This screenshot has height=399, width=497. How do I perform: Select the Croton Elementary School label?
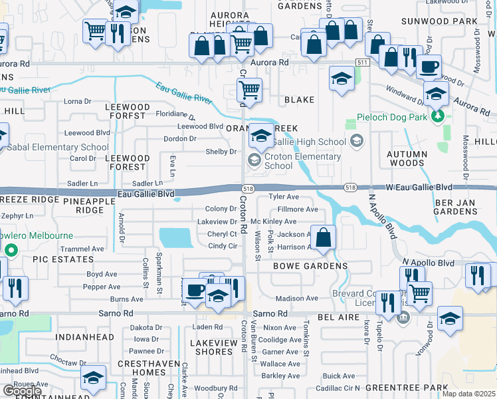coord(302,162)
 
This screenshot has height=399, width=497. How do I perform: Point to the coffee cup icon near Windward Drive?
coord(429,67)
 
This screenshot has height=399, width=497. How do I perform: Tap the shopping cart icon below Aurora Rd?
coord(249,89)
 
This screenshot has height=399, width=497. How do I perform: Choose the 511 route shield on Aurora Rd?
coord(361,62)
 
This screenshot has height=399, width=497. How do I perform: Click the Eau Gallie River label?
coord(184,94)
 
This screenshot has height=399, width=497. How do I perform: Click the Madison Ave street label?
coord(292,299)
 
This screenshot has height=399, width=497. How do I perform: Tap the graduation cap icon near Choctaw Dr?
coord(93,378)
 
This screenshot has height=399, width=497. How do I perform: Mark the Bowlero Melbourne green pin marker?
coord(11,250)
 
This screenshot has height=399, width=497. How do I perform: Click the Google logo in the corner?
coord(22,390)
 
